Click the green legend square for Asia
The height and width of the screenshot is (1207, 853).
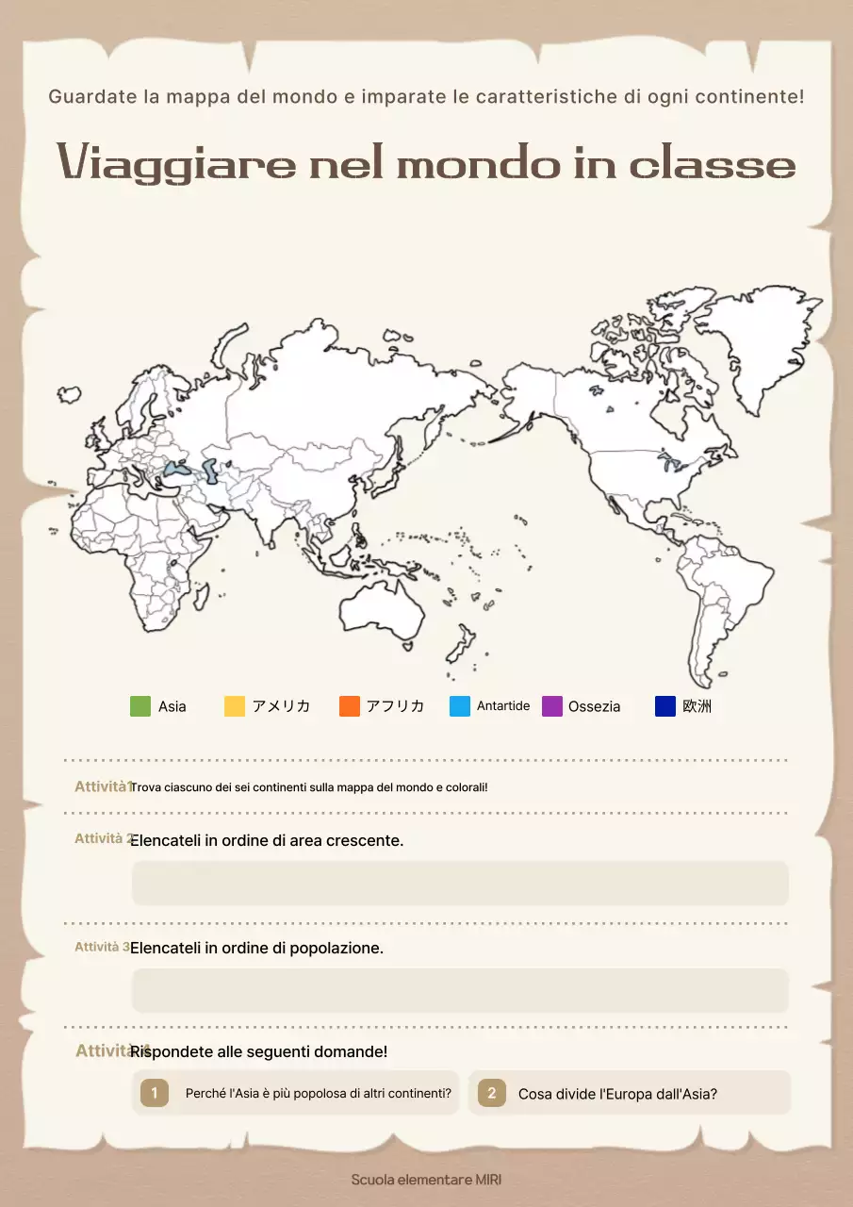(140, 706)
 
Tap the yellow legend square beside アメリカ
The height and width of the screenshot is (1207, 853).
(235, 706)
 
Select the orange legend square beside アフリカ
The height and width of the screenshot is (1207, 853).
(350, 706)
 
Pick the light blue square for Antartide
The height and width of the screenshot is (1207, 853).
(460, 706)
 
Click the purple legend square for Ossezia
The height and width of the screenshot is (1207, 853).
(552, 706)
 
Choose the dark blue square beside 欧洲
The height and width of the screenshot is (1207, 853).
(665, 706)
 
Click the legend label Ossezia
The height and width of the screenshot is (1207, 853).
(594, 707)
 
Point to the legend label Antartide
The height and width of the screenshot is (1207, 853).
(503, 706)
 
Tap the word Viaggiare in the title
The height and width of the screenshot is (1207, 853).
(176, 163)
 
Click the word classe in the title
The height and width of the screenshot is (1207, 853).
(713, 164)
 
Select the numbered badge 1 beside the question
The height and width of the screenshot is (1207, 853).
(155, 1093)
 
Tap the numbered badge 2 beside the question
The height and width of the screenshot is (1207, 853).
(491, 1093)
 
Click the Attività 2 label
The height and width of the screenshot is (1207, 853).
(103, 838)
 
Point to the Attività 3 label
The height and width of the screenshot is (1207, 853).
(102, 947)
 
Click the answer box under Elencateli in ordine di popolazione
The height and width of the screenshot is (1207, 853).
(460, 990)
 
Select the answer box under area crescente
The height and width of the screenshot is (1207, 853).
(460, 883)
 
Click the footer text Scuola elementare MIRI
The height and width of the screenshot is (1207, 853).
(426, 1180)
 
